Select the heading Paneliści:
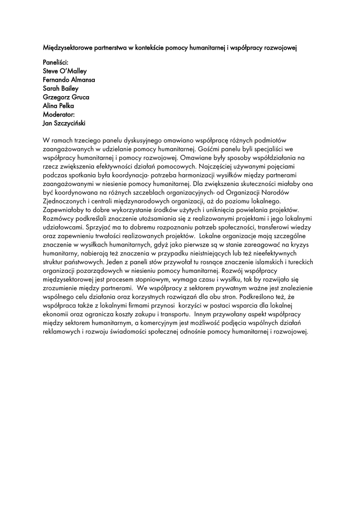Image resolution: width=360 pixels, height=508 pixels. (56, 63)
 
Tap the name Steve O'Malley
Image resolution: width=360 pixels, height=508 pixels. (65, 71)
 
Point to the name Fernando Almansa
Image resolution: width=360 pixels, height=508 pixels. (69, 80)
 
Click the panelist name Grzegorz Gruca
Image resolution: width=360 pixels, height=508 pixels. (66, 97)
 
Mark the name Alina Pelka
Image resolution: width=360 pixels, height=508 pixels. (59, 106)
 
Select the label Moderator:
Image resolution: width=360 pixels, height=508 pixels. (59, 114)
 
